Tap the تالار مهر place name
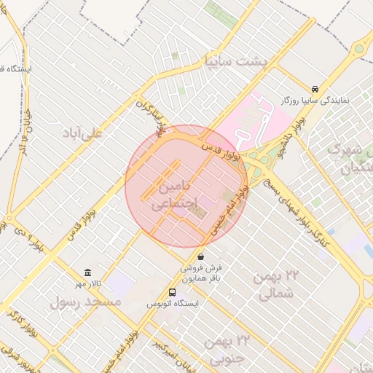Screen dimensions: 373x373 click(90, 283)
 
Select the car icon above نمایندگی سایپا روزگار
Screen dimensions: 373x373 click(315, 86)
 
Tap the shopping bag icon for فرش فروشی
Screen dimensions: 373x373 click(201, 256)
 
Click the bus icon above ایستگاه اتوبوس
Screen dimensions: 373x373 click(173, 292)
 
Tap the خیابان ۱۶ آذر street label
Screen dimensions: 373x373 click(26, 143)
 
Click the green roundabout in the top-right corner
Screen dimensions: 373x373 click(358, 50)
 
